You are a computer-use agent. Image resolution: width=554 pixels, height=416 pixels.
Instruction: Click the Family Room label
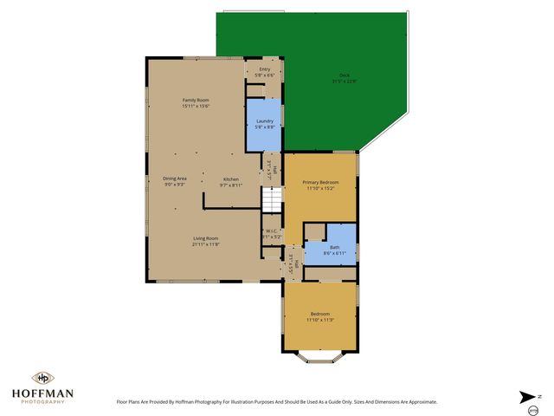(196, 101)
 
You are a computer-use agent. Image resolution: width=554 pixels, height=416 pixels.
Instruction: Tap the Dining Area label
(175, 179)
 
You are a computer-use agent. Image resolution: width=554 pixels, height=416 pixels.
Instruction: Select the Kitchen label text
(230, 179)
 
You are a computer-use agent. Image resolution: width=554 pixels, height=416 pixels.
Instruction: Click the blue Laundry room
(265, 126)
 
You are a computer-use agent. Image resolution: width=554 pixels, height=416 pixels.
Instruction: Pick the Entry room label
(264, 69)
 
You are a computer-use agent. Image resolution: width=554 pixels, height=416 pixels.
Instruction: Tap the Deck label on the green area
(345, 75)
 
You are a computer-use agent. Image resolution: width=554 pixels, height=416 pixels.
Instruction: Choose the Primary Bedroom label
(320, 182)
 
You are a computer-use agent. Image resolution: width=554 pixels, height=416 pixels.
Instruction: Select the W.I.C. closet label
(271, 231)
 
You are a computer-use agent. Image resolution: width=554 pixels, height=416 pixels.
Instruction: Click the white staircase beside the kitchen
(273, 200)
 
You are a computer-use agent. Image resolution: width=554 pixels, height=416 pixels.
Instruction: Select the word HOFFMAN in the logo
(42, 393)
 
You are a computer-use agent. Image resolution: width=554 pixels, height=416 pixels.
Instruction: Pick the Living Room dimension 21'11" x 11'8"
(205, 244)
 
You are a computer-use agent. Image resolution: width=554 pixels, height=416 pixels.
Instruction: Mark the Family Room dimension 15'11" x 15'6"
(196, 106)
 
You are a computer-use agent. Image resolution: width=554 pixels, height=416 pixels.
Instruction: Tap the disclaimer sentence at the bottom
(277, 401)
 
